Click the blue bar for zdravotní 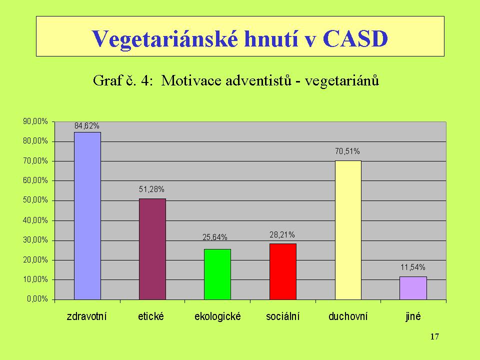point(87,216)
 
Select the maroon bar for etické point(152,249)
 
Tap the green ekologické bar point(217,274)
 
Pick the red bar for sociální point(283,271)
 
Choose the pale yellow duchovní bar point(348,230)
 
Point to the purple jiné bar point(413,288)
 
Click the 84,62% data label point(87,126)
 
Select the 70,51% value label point(347,151)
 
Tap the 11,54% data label point(413,267)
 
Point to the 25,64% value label point(215,237)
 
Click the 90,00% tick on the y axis point(35,121)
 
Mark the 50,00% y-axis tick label point(35,200)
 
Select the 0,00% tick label point(37,299)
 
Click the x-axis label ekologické point(217,316)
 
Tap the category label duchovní point(348,316)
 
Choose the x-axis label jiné point(413,316)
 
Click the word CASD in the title point(355,38)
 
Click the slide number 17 point(434,336)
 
